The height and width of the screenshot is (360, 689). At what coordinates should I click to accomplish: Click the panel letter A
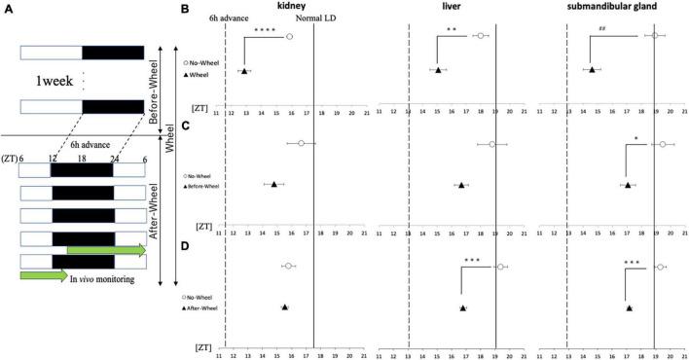(7, 7)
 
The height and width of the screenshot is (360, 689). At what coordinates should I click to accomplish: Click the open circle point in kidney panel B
(289, 36)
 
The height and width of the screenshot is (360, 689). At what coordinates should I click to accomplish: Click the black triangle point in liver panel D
(462, 307)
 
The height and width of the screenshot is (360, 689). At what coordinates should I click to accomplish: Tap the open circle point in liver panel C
(492, 144)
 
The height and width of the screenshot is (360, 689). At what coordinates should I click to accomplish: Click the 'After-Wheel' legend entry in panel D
(204, 307)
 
